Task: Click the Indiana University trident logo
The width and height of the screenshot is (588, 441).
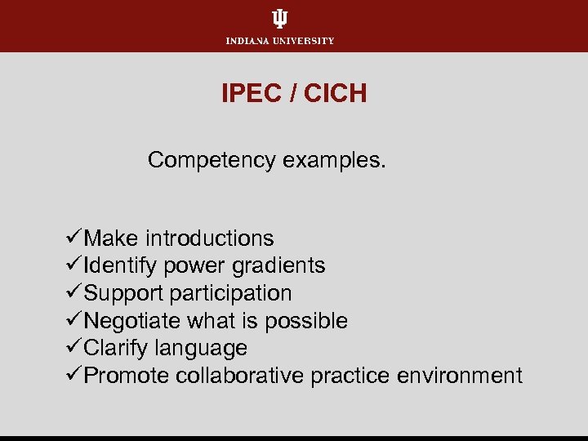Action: pyautogui.click(x=280, y=19)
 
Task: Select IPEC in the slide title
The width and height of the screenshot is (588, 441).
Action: pyautogui.click(x=248, y=94)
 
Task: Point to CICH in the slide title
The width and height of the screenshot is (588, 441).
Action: pyautogui.click(x=336, y=94)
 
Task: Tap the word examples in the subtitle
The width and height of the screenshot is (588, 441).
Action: pyautogui.click(x=333, y=160)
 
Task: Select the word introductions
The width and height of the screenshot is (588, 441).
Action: pyautogui.click(x=210, y=238)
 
